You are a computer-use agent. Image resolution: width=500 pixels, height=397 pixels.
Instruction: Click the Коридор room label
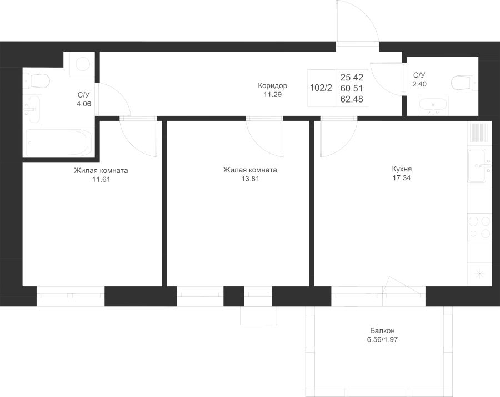tap(273, 86)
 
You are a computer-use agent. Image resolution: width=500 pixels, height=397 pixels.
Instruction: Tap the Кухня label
tap(402, 169)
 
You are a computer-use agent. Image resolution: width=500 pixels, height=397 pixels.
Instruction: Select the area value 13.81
tap(251, 179)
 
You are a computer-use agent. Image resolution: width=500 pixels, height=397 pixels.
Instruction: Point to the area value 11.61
tap(101, 179)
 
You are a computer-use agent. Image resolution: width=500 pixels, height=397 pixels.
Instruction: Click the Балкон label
tap(382, 331)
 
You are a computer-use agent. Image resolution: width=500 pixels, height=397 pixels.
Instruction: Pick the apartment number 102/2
tap(321, 88)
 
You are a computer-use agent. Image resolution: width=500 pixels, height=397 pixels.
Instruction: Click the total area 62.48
tap(352, 99)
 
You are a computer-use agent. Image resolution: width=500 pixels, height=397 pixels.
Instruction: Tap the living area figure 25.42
tap(352, 78)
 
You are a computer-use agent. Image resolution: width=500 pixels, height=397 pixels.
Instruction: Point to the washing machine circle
tap(83, 64)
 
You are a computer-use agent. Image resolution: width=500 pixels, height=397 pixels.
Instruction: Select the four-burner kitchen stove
tap(479, 227)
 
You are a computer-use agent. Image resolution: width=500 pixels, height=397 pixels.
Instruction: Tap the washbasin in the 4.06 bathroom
tap(32, 110)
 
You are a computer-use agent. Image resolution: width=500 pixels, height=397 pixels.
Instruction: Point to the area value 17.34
tap(402, 179)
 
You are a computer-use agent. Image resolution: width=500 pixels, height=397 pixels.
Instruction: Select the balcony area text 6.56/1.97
tap(382, 340)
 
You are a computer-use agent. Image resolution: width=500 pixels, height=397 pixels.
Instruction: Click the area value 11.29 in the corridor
tap(273, 95)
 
